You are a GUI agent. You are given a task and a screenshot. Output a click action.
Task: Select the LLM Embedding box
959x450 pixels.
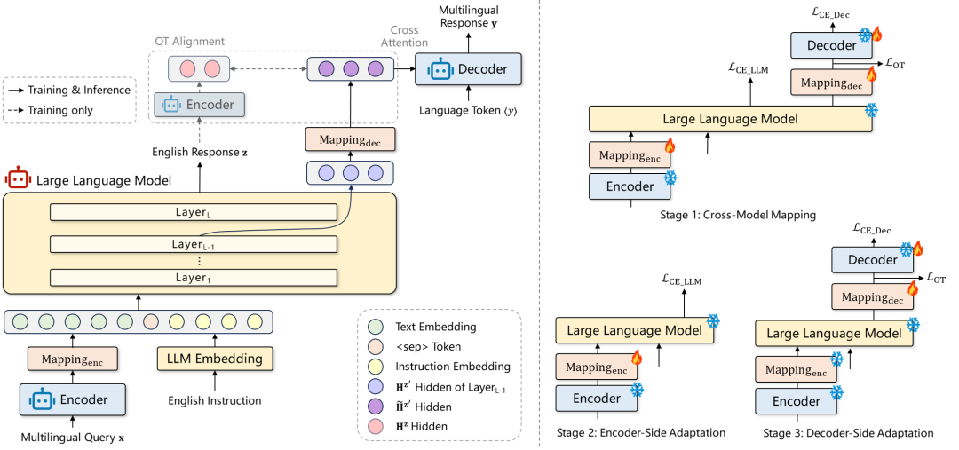215,359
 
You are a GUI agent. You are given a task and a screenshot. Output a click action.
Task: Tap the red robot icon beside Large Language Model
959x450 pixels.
18,180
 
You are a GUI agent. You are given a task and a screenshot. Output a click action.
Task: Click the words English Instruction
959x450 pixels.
215,401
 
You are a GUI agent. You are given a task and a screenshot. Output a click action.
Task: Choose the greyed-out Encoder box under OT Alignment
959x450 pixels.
199,105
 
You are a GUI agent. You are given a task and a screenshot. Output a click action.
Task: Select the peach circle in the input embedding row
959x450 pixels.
150,321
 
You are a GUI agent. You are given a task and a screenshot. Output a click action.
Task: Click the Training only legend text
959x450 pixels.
61,111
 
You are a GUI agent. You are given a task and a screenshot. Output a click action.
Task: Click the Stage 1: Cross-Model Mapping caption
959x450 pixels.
738,215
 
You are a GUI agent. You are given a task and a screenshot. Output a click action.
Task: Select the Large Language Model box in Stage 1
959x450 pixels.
730,119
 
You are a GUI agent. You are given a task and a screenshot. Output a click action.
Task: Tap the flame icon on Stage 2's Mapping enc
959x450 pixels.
634,356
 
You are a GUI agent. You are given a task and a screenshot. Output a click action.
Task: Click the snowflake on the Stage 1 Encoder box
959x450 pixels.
671,178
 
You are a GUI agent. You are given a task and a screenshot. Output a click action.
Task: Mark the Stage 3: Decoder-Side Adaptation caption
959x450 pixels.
848,433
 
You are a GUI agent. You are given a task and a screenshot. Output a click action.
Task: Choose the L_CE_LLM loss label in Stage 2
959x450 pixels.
681,282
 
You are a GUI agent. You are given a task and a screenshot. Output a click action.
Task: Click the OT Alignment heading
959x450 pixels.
189,42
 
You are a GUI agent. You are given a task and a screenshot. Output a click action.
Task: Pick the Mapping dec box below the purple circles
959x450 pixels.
351,139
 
